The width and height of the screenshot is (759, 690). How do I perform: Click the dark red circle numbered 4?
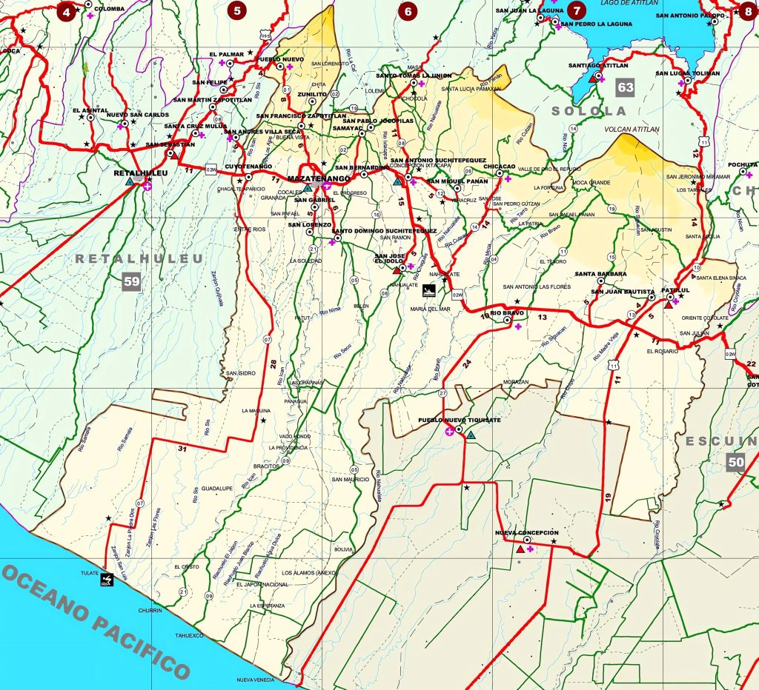click(67, 11)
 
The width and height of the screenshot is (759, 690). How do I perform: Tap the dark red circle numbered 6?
click(408, 11)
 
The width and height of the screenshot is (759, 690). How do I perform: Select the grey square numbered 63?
click(626, 88)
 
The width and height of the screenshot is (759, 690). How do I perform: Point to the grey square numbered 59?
click(132, 281)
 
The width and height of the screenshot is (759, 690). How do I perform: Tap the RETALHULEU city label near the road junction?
click(140, 172)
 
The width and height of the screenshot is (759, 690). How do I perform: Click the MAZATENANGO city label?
click(317, 179)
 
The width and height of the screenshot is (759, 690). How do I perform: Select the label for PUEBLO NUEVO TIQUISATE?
click(460, 420)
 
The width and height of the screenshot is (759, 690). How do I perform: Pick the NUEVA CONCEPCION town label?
click(526, 532)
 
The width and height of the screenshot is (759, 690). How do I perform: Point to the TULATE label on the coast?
click(90, 573)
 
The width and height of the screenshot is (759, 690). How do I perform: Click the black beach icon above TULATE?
click(107, 580)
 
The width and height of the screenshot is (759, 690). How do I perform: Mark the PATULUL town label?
click(675, 291)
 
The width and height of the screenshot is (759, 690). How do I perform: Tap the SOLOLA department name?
click(589, 111)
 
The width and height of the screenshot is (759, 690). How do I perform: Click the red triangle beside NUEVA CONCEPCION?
click(520, 549)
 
